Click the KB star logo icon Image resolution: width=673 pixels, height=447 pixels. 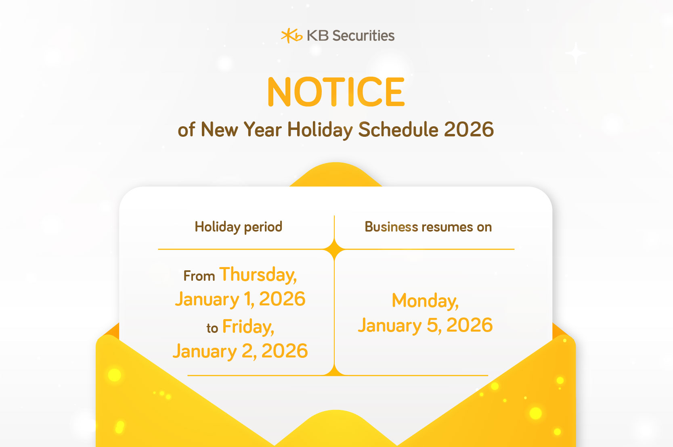point(291,36)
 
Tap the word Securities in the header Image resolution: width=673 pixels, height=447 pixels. point(363,36)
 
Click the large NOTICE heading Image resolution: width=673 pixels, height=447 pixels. point(336,92)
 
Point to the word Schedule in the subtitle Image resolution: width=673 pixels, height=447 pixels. point(398,130)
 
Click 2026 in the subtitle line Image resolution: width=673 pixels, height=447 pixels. point(469,130)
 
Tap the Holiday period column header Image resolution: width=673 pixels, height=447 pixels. point(238,227)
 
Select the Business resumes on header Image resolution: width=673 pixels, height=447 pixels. point(428,227)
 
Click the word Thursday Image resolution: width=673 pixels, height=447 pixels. point(258,275)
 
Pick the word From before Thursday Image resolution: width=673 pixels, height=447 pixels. point(199,276)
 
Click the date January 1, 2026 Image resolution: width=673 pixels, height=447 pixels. point(240,299)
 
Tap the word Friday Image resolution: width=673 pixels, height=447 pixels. point(248,327)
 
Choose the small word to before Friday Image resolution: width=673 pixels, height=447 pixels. point(212,328)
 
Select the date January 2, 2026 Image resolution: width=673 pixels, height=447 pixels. point(240,351)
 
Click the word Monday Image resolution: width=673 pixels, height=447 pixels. point(425,301)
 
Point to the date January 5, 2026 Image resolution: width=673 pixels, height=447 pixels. point(425,326)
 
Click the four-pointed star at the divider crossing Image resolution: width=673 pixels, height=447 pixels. point(335,249)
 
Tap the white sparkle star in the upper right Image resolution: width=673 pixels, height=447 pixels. point(576,53)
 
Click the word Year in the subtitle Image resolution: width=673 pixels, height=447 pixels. point(262,130)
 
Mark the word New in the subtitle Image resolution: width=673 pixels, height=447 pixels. point(219,130)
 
